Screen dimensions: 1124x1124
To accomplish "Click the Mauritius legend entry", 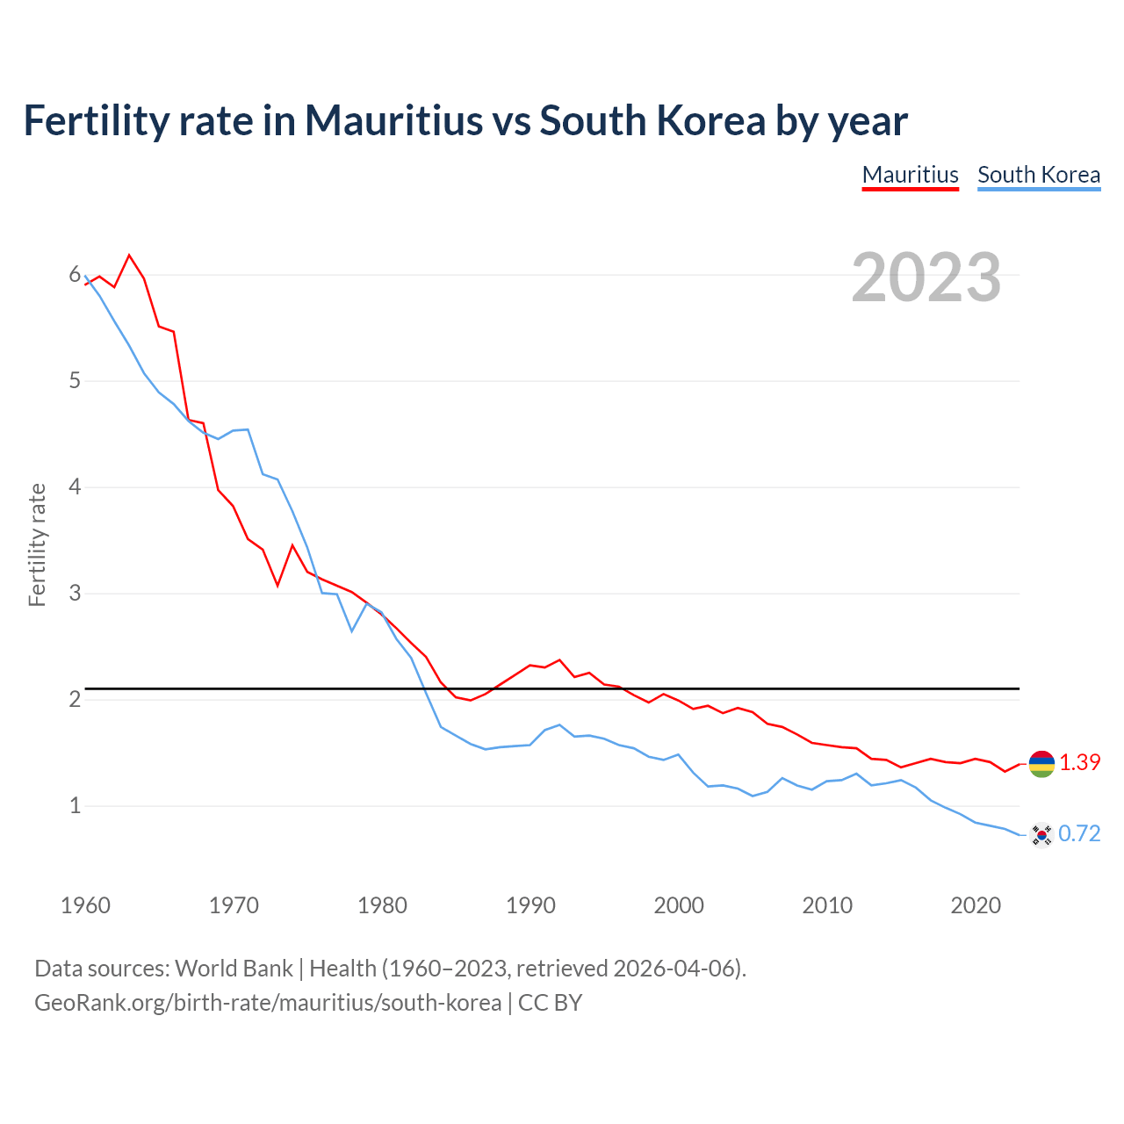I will pyautogui.click(x=910, y=175).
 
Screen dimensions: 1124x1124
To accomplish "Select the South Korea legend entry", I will pyautogui.click(x=1038, y=175).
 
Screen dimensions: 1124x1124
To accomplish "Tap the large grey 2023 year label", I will pyautogui.click(x=926, y=277).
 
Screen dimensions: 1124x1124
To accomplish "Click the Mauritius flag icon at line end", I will pyautogui.click(x=1041, y=763).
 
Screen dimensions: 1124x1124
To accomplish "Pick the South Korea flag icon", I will pyautogui.click(x=1041, y=834).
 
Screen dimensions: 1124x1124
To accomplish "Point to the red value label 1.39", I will pyautogui.click(x=1079, y=763).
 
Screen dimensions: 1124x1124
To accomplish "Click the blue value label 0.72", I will pyautogui.click(x=1079, y=834).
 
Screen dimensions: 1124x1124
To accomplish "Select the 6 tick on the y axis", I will pyautogui.click(x=75, y=275).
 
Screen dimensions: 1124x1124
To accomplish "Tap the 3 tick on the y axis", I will pyautogui.click(x=75, y=594).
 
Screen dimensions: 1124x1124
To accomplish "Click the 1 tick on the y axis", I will pyautogui.click(x=75, y=805).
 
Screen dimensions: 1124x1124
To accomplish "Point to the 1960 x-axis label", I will pyautogui.click(x=85, y=905).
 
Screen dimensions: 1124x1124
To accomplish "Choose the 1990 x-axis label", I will pyautogui.click(x=530, y=905).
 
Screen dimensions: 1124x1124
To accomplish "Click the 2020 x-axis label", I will pyautogui.click(x=975, y=905).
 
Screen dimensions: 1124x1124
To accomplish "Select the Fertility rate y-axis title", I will pyautogui.click(x=37, y=544).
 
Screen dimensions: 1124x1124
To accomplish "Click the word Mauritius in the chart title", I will pyautogui.click(x=393, y=120).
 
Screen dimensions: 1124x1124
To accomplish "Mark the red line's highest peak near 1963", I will pyautogui.click(x=129, y=256).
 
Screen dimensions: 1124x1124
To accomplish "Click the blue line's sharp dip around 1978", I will pyautogui.click(x=351, y=630).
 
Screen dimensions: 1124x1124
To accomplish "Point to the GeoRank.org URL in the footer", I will pyautogui.click(x=268, y=1002).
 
